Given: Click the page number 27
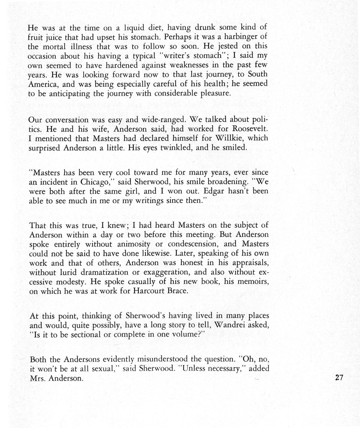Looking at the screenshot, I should tap(339, 377).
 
